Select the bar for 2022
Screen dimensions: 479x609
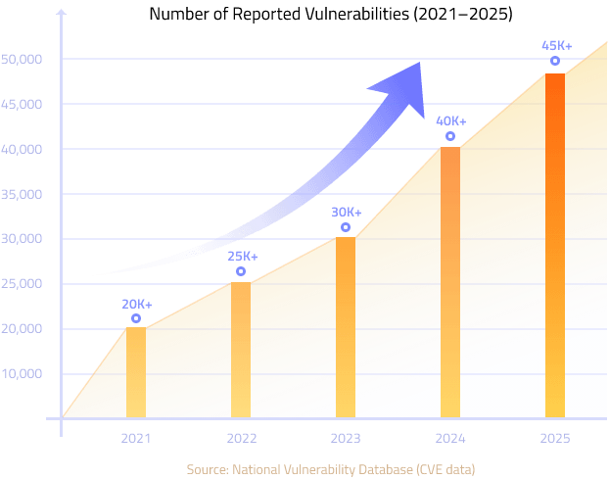tap(241, 350)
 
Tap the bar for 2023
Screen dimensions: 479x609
tap(346, 327)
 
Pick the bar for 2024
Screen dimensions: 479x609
tap(450, 282)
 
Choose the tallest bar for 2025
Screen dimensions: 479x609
tap(555, 245)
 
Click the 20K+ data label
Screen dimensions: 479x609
tap(137, 304)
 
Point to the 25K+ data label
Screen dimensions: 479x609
tap(242, 257)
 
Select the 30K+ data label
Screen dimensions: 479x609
tap(346, 213)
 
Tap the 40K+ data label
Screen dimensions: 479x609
tap(450, 121)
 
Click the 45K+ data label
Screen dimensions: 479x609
tap(556, 45)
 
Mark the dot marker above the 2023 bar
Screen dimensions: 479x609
tap(346, 227)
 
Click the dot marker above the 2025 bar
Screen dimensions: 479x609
tap(555, 61)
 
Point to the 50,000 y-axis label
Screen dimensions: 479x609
tap(23, 59)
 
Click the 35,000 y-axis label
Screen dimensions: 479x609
tap(23, 194)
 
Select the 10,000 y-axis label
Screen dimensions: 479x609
tap(23, 373)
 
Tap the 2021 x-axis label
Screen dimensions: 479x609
tap(136, 438)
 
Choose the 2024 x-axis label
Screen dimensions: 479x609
tap(450, 438)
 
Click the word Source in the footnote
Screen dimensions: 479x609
tap(207, 469)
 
